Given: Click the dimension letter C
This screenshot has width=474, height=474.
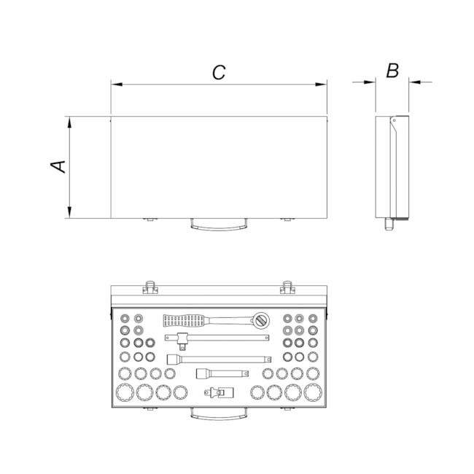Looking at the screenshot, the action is [219, 72].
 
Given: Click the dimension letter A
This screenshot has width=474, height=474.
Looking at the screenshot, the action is [58, 166].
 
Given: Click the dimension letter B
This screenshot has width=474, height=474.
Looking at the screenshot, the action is [392, 71].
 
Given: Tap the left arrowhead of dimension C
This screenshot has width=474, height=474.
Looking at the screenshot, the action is [117, 85].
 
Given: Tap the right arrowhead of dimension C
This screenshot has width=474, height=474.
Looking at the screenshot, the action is [321, 85].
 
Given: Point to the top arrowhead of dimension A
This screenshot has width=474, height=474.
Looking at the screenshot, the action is [69, 123].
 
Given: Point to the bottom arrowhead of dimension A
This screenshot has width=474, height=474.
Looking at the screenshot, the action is [69, 212].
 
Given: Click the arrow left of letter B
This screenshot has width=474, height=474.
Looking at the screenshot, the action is [364, 82].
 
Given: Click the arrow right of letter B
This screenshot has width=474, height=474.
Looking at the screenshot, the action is [421, 82].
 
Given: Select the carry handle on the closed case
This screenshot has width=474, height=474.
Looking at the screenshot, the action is [219, 226].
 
